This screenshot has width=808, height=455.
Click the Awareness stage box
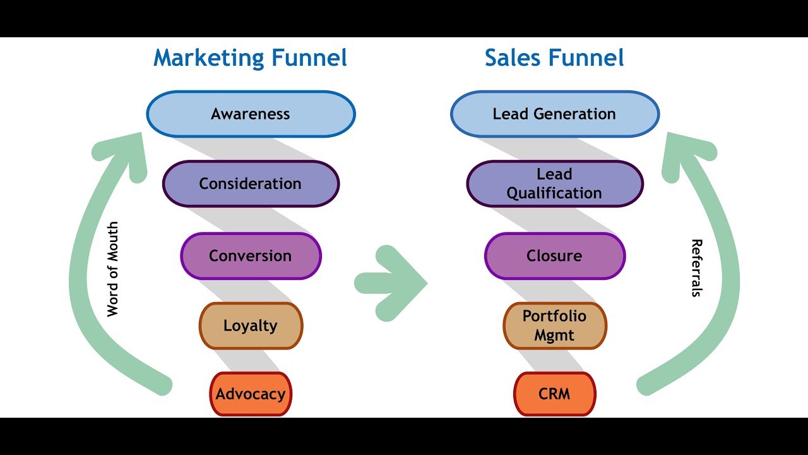[x=251, y=114]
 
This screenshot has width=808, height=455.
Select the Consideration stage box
[x=251, y=184]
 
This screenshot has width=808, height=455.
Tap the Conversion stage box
[x=251, y=256]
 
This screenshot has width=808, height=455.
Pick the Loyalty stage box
[x=251, y=325]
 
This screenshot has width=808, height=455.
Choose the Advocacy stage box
[x=251, y=394]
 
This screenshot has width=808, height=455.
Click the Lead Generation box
[x=555, y=114]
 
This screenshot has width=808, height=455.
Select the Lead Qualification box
[x=555, y=184]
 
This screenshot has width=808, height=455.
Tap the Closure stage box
[x=555, y=256]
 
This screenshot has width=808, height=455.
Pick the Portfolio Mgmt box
[x=555, y=325]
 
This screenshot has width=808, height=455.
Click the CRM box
[x=555, y=394]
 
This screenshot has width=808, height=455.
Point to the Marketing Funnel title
[x=250, y=58]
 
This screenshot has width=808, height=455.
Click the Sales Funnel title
[x=554, y=58]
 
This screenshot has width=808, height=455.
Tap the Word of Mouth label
[x=112, y=269]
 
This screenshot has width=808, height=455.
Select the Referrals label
[x=697, y=268]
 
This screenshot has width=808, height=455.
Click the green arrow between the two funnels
[x=391, y=284]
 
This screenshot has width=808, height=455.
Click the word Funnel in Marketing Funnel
[x=309, y=58]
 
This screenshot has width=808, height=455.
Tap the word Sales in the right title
[x=512, y=58]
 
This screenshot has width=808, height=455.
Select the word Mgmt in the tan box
[x=554, y=336]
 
